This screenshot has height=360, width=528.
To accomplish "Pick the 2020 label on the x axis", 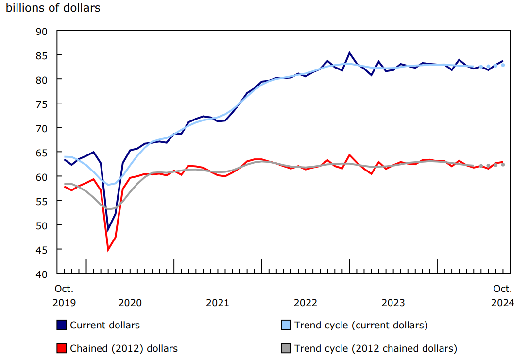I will tap(130, 303).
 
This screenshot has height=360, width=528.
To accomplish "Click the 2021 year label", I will tap(218, 303).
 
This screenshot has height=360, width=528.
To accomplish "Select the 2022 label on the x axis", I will tap(306, 303).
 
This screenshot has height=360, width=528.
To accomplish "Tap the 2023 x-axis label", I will tap(393, 303).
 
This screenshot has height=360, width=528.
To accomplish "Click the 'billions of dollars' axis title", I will tap(53, 8).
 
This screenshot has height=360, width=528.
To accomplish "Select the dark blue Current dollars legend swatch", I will tap(62, 325).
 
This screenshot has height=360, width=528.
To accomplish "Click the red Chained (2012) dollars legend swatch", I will tap(62, 348).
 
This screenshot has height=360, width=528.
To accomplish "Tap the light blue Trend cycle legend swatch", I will tap(286, 325).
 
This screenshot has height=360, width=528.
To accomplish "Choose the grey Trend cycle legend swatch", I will tap(286, 348).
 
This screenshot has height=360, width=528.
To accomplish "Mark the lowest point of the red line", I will tap(108, 250).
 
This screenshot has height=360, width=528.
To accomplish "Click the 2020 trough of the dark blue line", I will tap(108, 230).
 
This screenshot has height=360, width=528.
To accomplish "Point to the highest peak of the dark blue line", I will tap(349, 52).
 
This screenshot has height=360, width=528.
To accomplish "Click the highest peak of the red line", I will tap(349, 155).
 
